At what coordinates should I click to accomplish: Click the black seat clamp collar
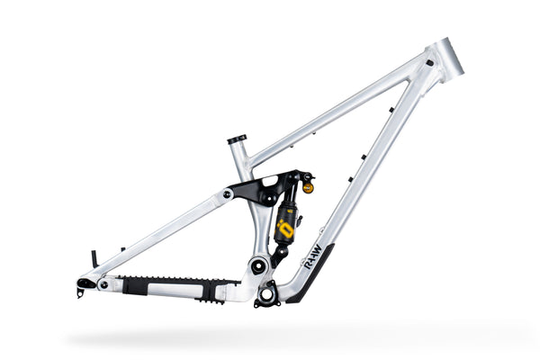pos(237,139)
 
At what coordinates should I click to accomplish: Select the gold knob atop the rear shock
pos(308,188)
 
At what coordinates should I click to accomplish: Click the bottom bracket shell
pos(267,292)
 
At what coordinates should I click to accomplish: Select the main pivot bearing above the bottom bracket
pos(257,265)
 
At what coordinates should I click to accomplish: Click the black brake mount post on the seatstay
pos(94,258)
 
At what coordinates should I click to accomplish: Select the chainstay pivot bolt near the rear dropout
pos(104,283)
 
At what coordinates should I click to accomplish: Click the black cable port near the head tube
pos(430,63)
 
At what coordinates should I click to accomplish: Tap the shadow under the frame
pos(270,337)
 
